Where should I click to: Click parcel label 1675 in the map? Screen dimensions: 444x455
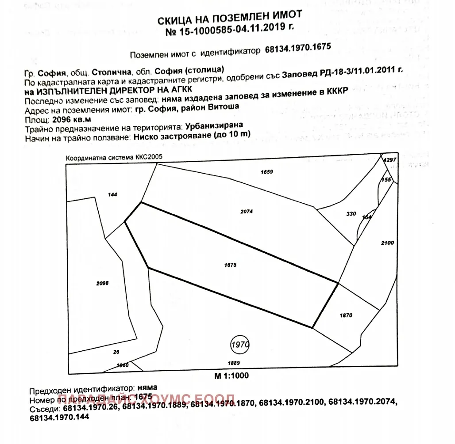pyautogui.click(x=231, y=265)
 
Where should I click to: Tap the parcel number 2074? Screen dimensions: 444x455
pyautogui.click(x=247, y=212)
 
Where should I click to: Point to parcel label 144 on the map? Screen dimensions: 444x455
pyautogui.click(x=112, y=194)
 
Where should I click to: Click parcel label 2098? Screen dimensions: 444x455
pyautogui.click(x=102, y=283)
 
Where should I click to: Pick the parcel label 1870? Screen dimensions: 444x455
pyautogui.click(x=346, y=315)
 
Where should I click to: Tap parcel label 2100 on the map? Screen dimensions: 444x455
pyautogui.click(x=387, y=243)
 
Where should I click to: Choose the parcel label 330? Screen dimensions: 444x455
pyautogui.click(x=351, y=214)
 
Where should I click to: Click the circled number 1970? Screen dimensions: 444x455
pyautogui.click(x=240, y=344)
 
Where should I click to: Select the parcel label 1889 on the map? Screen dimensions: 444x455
pyautogui.click(x=234, y=363)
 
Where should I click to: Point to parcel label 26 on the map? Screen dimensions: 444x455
pyautogui.click(x=116, y=353)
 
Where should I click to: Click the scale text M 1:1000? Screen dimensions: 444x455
pyautogui.click(x=231, y=376)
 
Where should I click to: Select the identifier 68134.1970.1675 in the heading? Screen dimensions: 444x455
pyautogui.click(x=298, y=49)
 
